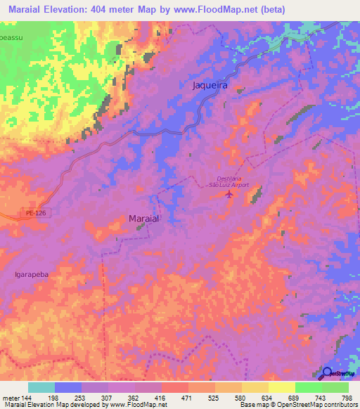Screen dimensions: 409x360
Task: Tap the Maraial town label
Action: tap(146, 219)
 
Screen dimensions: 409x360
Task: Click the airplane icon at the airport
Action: tap(228, 194)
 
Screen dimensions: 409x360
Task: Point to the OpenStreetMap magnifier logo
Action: tap(328, 372)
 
